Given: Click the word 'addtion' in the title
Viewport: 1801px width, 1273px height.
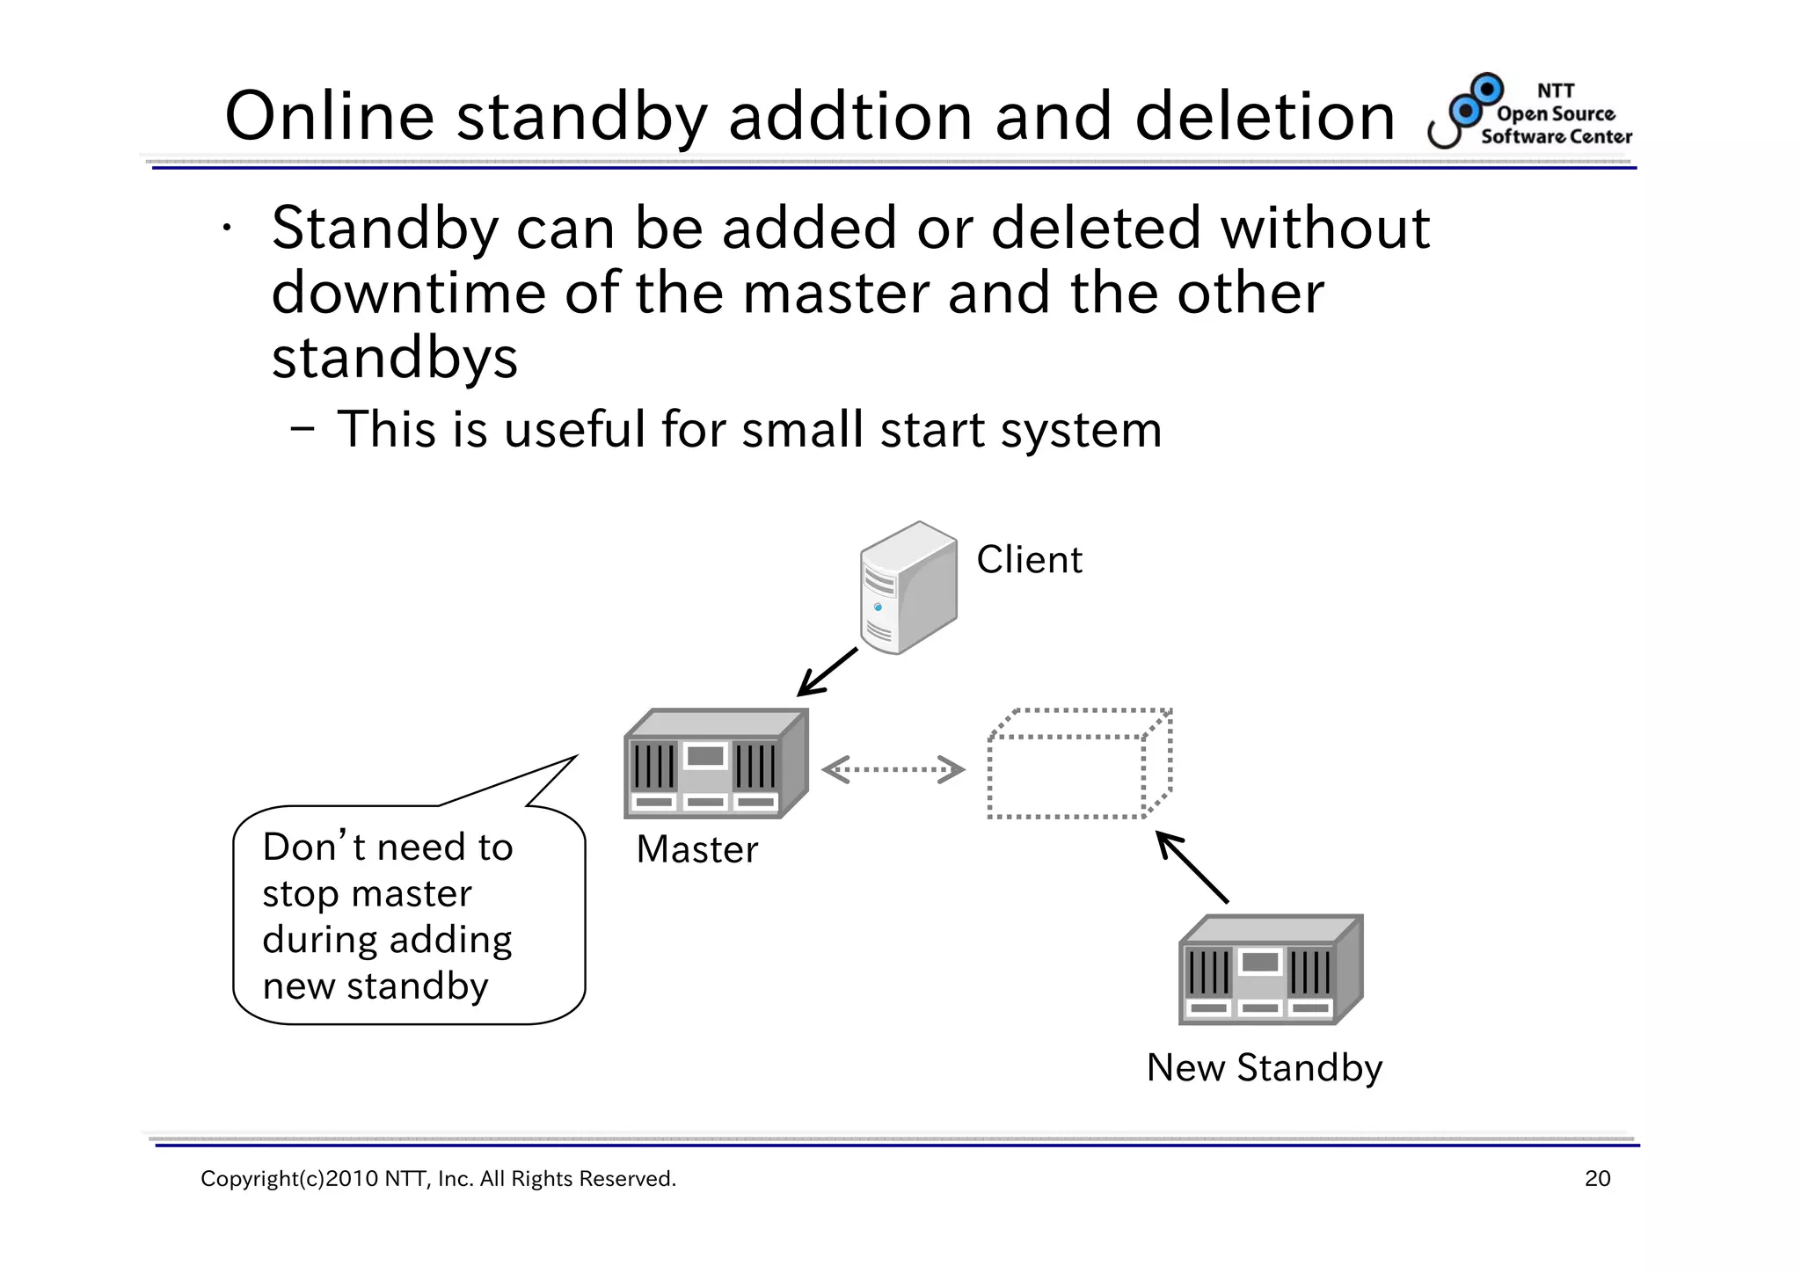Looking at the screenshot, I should pos(849,117).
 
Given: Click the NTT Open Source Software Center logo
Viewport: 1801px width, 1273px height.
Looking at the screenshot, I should pos(1530,112).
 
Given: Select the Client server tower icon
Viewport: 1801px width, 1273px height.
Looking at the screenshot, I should pos(908,587).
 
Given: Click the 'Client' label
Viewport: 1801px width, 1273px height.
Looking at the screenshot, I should pos(1029,560).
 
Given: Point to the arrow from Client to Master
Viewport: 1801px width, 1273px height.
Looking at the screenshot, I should pos(827,673).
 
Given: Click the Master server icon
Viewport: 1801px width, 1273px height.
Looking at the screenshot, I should pos(715,764).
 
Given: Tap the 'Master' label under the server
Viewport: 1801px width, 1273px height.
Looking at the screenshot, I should pos(696,850).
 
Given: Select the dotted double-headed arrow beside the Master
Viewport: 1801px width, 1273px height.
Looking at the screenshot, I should pos(893,769).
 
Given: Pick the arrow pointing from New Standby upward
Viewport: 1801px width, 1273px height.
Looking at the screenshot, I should pos(1192,868).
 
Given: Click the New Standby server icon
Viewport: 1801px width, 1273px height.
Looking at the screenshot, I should pos(1270,971).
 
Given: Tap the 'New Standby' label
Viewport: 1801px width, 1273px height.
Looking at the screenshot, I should pos(1264,1068).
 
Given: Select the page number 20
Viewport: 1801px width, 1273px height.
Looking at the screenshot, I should pos(1597,1179).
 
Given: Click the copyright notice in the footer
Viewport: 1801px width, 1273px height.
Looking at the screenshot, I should pos(438,1179).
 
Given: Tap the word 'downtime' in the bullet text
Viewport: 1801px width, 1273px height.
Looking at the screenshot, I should pos(408,294).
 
